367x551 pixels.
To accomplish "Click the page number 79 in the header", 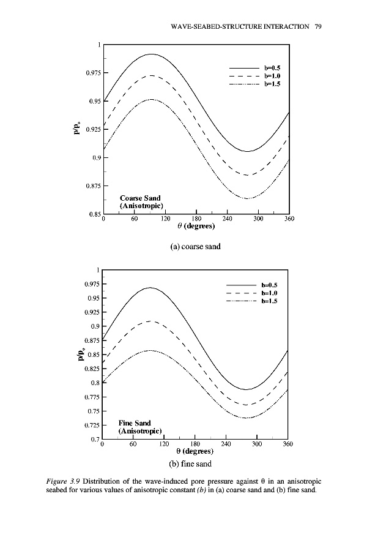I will tap(318, 26).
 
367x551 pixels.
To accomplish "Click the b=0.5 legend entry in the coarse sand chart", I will tap(272, 68).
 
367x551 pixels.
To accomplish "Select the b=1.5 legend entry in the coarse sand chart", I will tap(272, 84).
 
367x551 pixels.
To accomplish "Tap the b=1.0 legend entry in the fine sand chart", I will tap(270, 293).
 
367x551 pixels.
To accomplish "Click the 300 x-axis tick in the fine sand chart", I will tap(256, 444).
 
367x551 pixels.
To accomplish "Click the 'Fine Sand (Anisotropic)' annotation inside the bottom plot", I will tap(139, 427).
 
